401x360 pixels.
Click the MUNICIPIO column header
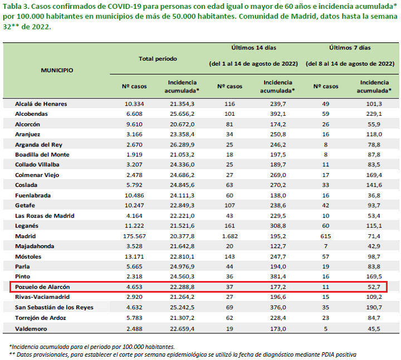tap(57, 70)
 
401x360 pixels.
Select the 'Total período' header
tap(158, 59)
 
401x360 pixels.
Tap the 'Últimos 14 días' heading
tap(254, 47)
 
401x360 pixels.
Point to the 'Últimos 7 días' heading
tap(350, 47)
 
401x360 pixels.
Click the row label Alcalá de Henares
tap(41, 103)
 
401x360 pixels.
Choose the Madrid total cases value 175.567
tap(134, 236)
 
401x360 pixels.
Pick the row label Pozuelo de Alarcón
tap(42, 287)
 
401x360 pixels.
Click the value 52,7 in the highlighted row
tap(374, 287)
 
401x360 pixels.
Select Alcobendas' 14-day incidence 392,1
tap(278, 114)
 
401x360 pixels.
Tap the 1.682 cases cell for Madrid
tap(230, 236)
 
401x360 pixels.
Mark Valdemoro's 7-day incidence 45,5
tap(374, 329)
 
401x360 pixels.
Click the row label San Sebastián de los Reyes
tap(54, 307)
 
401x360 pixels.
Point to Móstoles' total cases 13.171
tap(134, 257)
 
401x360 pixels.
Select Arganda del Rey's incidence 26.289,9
tap(182, 145)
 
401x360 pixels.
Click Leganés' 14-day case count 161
tap(229, 225)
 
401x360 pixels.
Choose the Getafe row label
tap(25, 205)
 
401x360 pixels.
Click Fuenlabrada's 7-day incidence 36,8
tap(374, 195)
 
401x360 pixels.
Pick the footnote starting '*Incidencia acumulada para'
tap(92, 347)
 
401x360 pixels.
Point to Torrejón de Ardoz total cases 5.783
tap(134, 318)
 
